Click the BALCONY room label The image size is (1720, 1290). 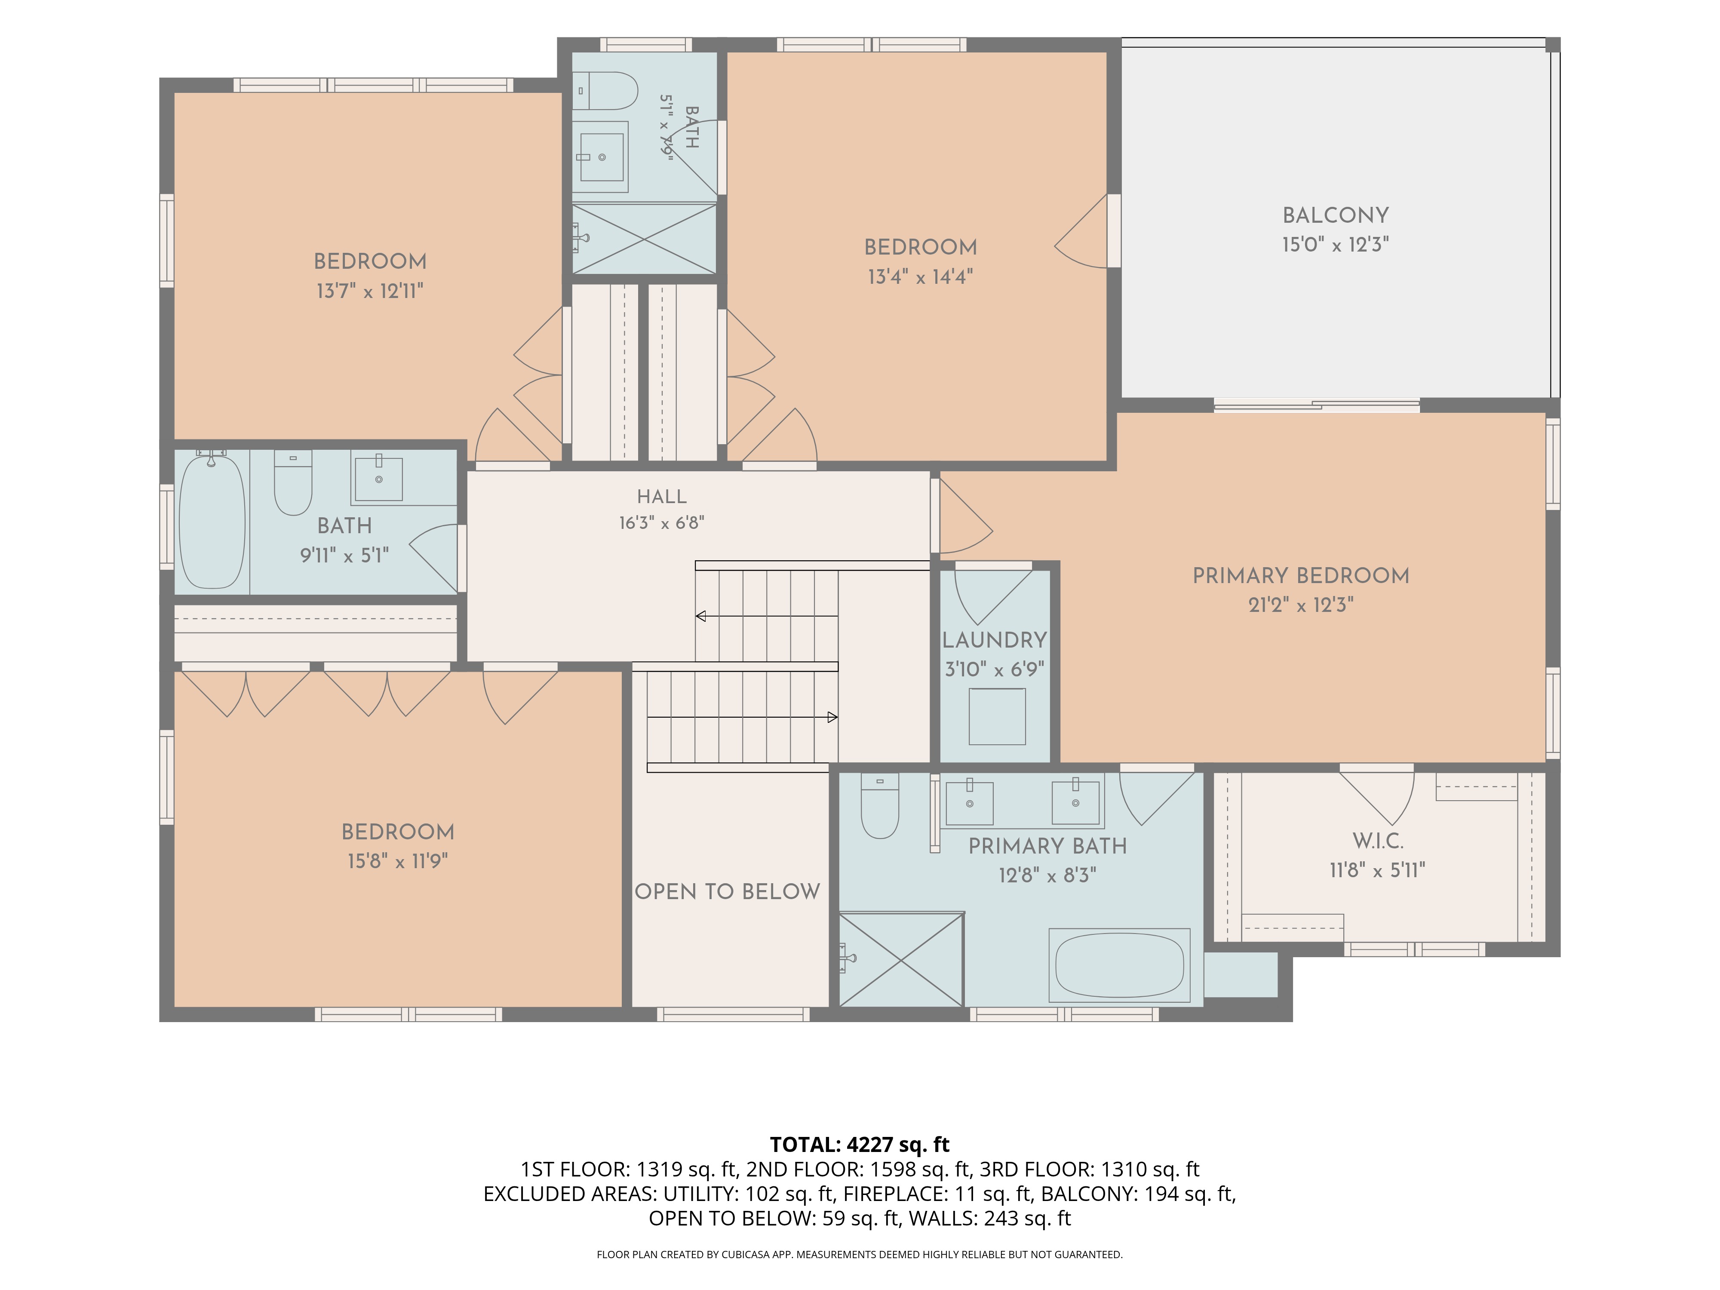coord(1335,215)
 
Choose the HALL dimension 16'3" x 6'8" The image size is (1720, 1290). coord(662,522)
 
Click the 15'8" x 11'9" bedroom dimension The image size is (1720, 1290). coord(397,861)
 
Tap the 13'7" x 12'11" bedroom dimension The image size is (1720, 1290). coord(369,291)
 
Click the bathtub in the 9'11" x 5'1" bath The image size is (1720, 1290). coord(212,521)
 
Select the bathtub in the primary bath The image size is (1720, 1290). coord(1120,965)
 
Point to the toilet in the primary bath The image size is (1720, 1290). coord(880,805)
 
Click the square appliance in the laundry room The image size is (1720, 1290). coord(997,716)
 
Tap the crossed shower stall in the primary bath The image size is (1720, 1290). coord(901,959)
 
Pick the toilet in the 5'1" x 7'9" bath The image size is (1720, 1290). coord(604,91)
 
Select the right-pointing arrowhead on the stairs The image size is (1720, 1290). coord(832,717)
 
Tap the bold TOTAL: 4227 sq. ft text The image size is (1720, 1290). coord(859,1145)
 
